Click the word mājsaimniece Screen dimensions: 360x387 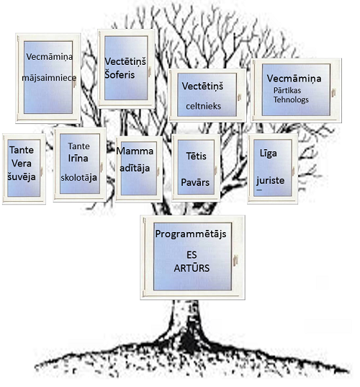point(49,78)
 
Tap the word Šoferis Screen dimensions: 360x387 point(120,74)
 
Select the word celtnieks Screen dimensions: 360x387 point(203,106)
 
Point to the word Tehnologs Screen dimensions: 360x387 point(291,99)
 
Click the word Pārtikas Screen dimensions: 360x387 point(287,90)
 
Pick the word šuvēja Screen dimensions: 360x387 point(22,177)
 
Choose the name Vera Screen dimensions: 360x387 point(22,164)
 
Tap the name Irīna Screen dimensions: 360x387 point(78,159)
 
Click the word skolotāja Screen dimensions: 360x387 point(78,177)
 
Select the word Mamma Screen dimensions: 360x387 point(135,151)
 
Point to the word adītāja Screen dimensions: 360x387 point(135,169)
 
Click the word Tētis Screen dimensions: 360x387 point(196,156)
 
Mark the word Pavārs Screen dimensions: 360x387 point(195,182)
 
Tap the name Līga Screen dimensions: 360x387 point(269,154)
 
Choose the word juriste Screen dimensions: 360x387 point(270,181)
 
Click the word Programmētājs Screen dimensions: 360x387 point(191,234)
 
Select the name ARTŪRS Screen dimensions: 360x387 point(192,268)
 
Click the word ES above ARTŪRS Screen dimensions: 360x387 point(192,254)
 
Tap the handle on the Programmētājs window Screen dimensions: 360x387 point(235,261)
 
